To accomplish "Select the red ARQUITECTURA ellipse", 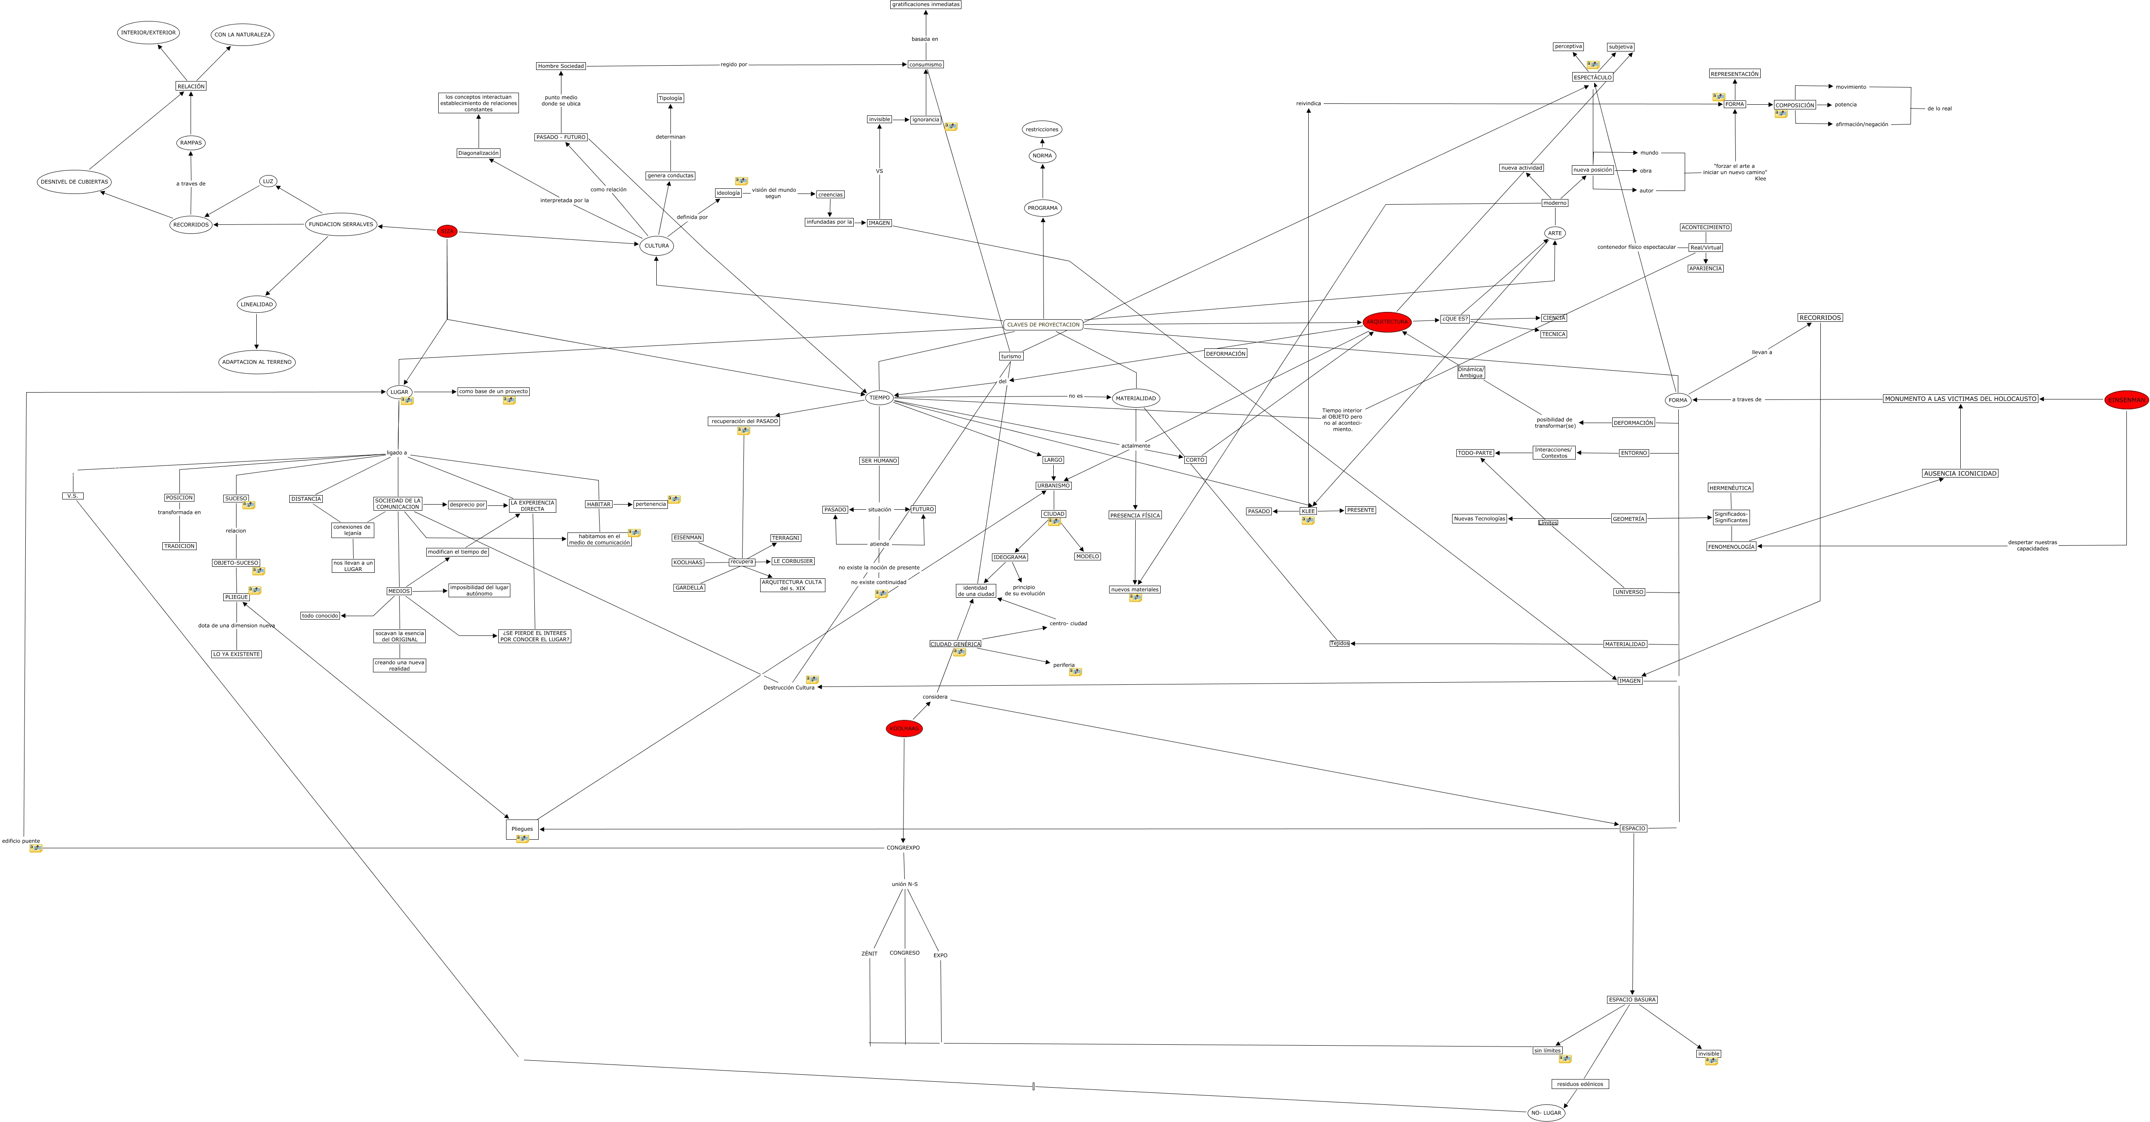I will pyautogui.click(x=1386, y=322).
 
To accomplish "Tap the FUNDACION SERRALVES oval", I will pyautogui.click(x=340, y=224).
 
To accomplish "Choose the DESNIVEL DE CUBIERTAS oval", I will pyautogui.click(x=74, y=182).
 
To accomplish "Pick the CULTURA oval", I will pyautogui.click(x=657, y=245).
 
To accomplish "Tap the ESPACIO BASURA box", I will pyautogui.click(x=1631, y=999).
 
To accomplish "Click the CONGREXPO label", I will pyautogui.click(x=903, y=847).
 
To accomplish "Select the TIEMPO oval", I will pyautogui.click(x=879, y=398).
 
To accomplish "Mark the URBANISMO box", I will pyautogui.click(x=1053, y=486).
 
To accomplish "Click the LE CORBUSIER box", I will pyautogui.click(x=793, y=561).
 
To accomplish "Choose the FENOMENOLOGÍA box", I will pyautogui.click(x=1731, y=546).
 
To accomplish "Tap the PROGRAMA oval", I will pyautogui.click(x=1043, y=208).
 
